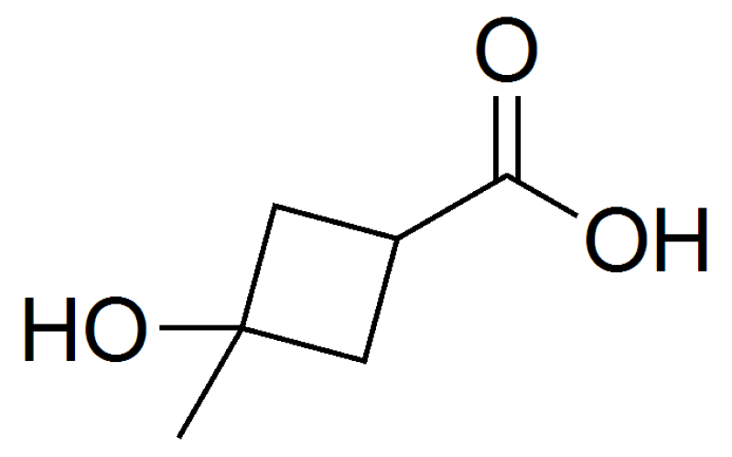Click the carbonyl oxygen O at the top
(x=507, y=49)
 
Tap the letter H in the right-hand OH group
(x=682, y=239)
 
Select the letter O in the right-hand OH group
(x=616, y=239)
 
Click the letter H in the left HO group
(x=50, y=329)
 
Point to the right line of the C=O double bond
(x=518, y=137)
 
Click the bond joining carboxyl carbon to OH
(x=543, y=196)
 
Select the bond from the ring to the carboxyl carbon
(x=452, y=207)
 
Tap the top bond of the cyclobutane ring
(x=335, y=222)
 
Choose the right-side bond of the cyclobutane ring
(x=381, y=301)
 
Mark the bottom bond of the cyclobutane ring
(x=303, y=345)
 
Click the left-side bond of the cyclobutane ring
(x=258, y=267)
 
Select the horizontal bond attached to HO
(x=200, y=328)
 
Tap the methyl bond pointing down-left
(x=210, y=383)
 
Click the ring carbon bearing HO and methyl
(x=242, y=329)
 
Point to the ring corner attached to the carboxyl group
(x=397, y=239)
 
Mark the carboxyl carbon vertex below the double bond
(x=507, y=175)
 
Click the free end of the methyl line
(x=179, y=437)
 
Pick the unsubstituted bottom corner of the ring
(x=363, y=361)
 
